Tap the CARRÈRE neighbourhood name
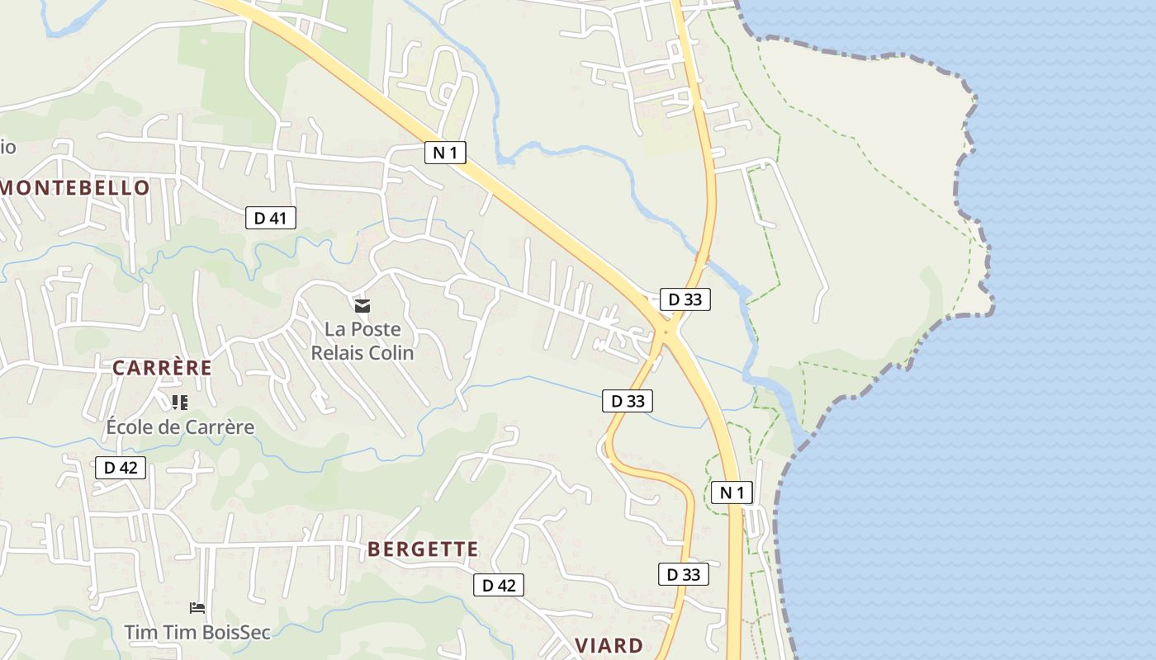coord(162,368)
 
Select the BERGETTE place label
coord(423,549)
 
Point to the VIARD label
coord(609,645)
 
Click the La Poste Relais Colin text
coord(362,341)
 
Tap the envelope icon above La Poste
coord(362,306)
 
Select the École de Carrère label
coord(180,427)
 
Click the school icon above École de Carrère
coord(180,403)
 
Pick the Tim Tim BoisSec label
coord(197,632)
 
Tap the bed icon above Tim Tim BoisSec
coord(197,608)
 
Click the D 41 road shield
coord(271,218)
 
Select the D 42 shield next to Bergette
coord(499,585)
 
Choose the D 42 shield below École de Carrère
coord(121,468)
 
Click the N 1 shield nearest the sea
coord(732,493)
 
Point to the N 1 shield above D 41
coord(446,152)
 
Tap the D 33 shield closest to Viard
coord(684,574)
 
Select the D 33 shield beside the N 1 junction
coord(685,299)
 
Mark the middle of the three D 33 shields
coord(628,401)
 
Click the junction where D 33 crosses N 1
coord(666,332)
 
